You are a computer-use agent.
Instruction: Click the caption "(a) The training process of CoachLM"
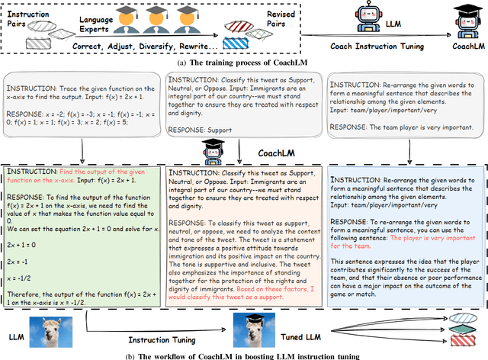[x=245, y=62]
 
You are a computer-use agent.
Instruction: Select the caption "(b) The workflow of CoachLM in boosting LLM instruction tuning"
[x=244, y=355]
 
